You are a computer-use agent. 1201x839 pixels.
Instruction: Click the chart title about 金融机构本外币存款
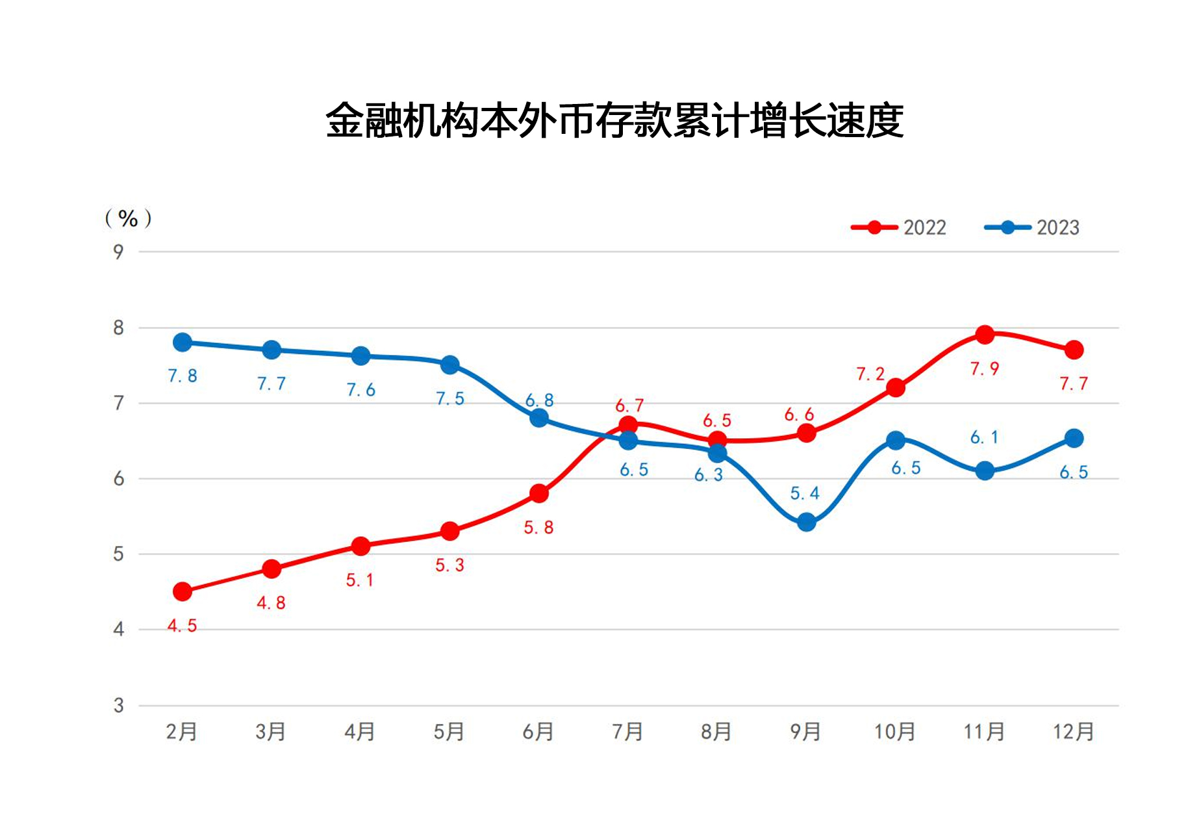click(x=614, y=121)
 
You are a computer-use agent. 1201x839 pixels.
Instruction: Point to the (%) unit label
click(x=128, y=218)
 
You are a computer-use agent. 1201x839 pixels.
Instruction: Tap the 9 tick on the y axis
click(x=118, y=252)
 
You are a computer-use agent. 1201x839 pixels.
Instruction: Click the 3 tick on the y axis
click(x=118, y=705)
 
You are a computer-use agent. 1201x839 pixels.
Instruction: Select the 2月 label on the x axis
click(x=181, y=732)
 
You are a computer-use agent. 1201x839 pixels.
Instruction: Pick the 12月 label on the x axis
click(x=1073, y=732)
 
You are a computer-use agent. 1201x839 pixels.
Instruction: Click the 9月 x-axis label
click(x=805, y=732)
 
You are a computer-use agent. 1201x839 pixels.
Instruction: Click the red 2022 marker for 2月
click(x=183, y=591)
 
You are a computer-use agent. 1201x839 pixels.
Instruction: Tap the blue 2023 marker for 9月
click(x=806, y=522)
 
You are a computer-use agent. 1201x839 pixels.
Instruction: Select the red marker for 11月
click(x=985, y=335)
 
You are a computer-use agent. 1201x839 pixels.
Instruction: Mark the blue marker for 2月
click(x=183, y=342)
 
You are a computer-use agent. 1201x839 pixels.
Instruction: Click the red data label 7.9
click(x=984, y=369)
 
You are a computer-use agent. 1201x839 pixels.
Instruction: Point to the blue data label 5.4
click(x=804, y=494)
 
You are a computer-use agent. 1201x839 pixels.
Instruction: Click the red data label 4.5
click(x=182, y=626)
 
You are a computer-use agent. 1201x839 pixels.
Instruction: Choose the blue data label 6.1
click(x=983, y=437)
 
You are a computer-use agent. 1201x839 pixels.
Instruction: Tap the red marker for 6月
click(x=538, y=493)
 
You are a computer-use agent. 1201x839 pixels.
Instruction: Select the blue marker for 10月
click(x=895, y=441)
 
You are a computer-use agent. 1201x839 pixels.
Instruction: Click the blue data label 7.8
click(x=182, y=376)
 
